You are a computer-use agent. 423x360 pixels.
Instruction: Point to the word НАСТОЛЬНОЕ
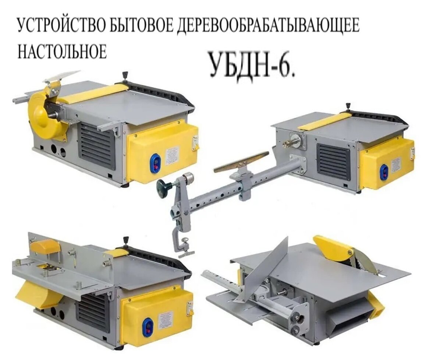point(62,51)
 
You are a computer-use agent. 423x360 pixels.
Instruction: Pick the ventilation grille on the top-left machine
point(97,145)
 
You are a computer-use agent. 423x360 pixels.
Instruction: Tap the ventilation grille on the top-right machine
point(334,162)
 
